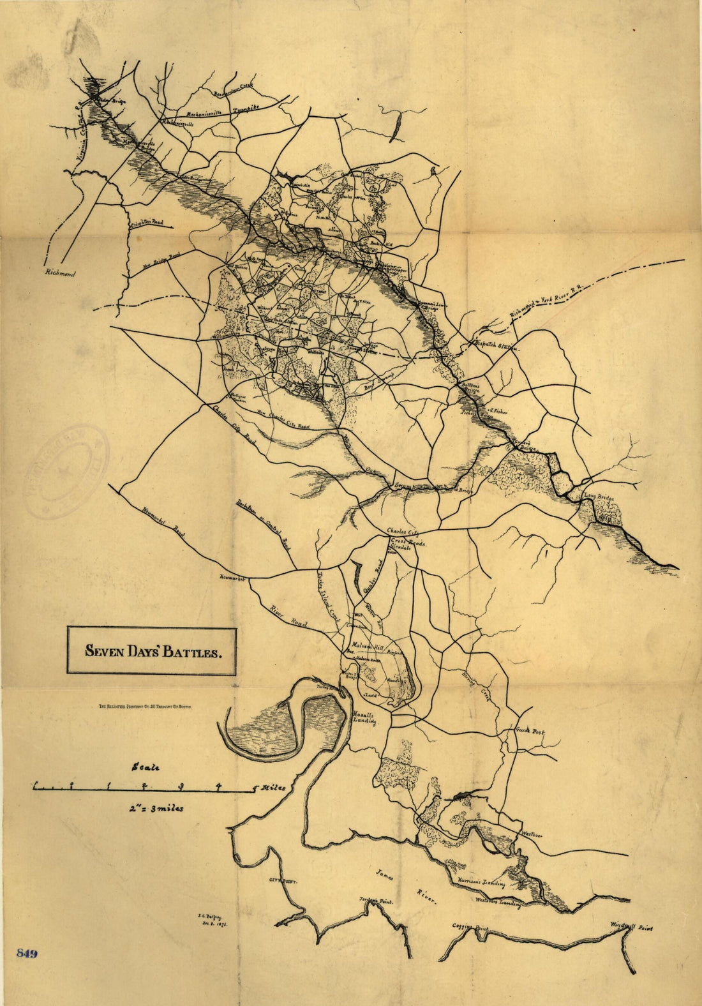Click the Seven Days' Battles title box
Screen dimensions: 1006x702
tap(152, 652)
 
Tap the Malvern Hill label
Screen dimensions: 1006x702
tap(368, 645)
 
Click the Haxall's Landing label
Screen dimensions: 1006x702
tap(364, 718)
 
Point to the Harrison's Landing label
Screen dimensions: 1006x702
tap(482, 883)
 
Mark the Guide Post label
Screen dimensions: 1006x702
tap(529, 730)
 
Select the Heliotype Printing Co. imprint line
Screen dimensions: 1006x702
tap(145, 707)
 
